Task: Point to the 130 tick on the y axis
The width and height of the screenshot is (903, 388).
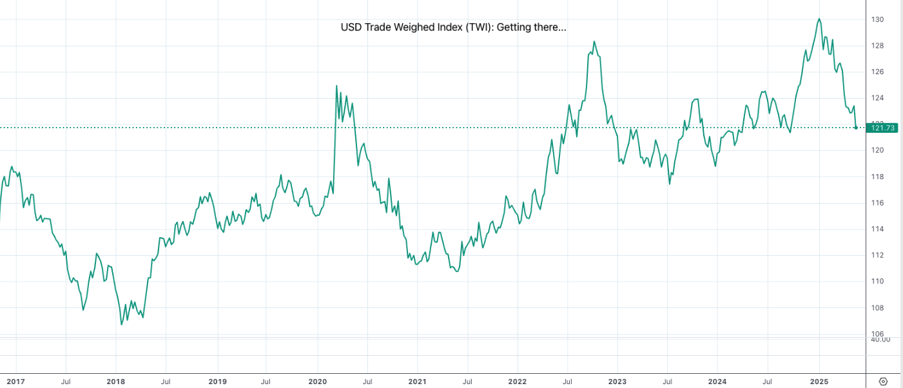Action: [878, 20]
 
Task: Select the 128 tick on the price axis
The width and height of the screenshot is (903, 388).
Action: [878, 46]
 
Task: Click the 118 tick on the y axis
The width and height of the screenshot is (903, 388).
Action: [878, 177]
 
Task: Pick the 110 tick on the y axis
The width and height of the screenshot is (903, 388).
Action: [878, 282]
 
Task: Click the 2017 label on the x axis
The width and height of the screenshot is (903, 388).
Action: [15, 382]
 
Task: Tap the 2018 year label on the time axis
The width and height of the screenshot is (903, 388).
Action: [116, 382]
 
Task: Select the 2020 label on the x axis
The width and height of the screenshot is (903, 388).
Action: [317, 382]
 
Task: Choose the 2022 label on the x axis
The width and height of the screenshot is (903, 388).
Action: [518, 382]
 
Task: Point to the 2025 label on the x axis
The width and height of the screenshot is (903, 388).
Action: [819, 382]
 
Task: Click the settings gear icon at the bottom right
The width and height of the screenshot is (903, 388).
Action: [883, 382]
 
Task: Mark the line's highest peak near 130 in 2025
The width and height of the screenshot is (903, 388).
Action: [819, 19]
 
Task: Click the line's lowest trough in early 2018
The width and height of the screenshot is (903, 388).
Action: [122, 324]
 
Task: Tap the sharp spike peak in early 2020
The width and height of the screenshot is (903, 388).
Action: [337, 86]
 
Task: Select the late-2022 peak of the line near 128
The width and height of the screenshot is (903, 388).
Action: [594, 42]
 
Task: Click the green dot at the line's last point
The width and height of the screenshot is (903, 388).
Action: [856, 128]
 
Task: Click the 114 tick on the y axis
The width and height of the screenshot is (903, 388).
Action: [878, 229]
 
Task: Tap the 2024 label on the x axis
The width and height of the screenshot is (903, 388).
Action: [717, 382]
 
